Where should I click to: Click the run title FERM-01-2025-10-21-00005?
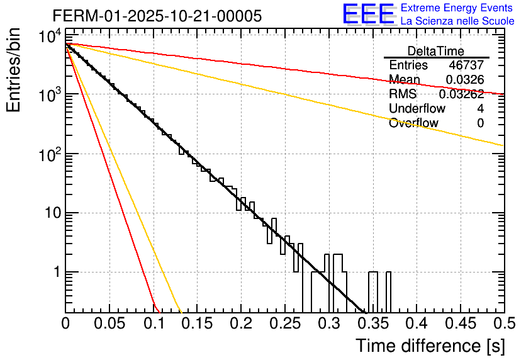(x=157, y=16)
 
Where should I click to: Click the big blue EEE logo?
(x=368, y=14)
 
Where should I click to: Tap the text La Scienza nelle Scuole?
(x=457, y=21)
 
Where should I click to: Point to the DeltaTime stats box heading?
(x=436, y=51)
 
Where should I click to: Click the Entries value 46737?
(x=466, y=65)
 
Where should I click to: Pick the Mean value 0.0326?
(x=464, y=80)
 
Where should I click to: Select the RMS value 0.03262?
(x=461, y=94)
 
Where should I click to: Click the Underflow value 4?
(x=480, y=109)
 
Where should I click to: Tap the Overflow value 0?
(x=480, y=123)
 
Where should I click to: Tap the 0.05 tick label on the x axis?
(x=109, y=325)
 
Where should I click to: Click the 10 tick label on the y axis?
(x=49, y=213)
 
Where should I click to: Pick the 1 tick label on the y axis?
(x=55, y=273)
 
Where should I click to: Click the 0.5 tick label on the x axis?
(x=503, y=325)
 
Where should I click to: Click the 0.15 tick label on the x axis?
(x=197, y=325)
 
